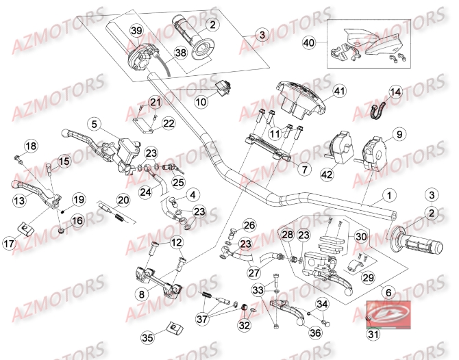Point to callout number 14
(x=397, y=92)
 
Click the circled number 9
(x=397, y=135)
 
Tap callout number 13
(x=19, y=200)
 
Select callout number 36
(x=316, y=333)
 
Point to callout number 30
(x=362, y=235)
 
